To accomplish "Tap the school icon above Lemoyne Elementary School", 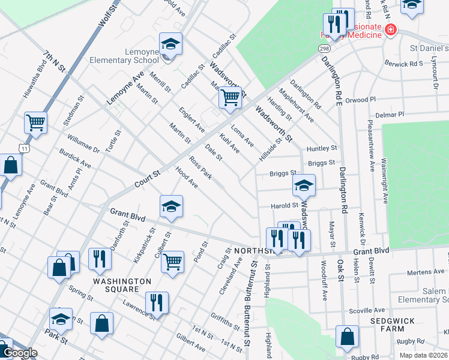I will click(x=170, y=44).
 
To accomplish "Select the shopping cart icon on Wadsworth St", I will click(x=230, y=97).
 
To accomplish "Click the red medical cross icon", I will click(x=391, y=29).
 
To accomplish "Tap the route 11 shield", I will click(x=23, y=148).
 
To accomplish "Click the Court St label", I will click(x=148, y=178).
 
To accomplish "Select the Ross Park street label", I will click(x=200, y=168).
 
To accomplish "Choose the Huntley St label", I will click(x=322, y=148).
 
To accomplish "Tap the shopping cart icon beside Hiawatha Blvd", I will click(x=35, y=122).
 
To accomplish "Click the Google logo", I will click(x=19, y=353).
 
